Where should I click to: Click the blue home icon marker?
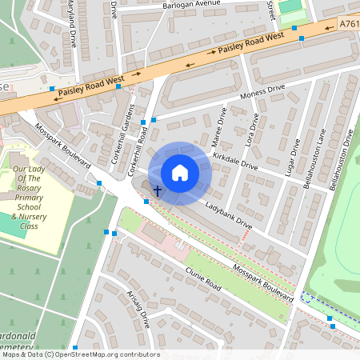tap(180, 172)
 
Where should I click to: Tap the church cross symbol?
tap(158, 190)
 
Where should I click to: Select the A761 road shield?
tap(349, 23)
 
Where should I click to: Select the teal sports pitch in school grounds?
tap(6, 224)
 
